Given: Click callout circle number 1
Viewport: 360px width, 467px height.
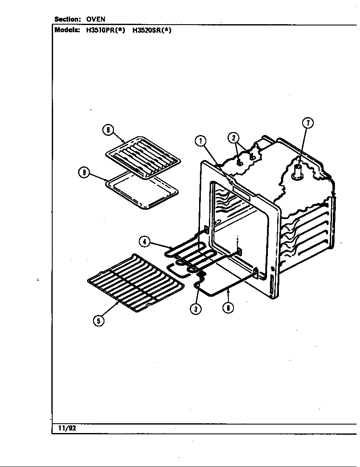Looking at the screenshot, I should click(201, 141).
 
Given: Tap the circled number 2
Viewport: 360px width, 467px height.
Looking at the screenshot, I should click(233, 137).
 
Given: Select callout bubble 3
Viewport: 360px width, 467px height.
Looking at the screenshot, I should click(195, 309).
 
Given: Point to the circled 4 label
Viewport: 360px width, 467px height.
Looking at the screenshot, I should click(145, 242).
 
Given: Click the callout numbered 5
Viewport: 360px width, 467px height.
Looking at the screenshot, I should click(98, 321).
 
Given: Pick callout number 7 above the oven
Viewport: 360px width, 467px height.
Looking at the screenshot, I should click(307, 123).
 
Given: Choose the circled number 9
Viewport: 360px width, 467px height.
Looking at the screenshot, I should click(108, 130).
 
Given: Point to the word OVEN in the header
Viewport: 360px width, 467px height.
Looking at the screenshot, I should click(96, 19).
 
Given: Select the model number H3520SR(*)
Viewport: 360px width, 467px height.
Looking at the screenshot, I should click(152, 30).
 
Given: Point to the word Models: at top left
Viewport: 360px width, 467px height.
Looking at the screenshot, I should click(67, 30).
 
